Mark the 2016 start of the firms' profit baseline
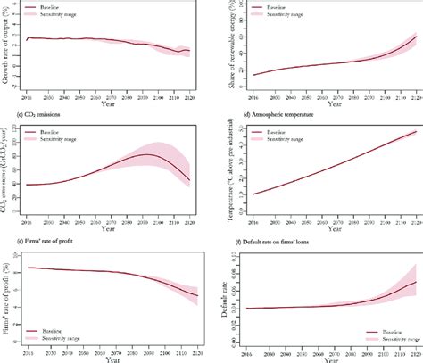[x=29, y=268]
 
